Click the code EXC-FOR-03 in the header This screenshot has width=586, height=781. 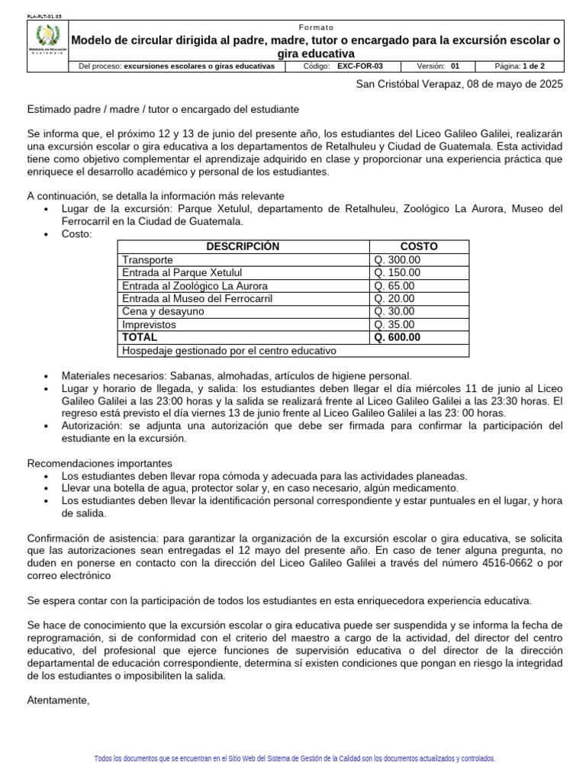(x=360, y=66)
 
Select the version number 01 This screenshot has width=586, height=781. (x=456, y=66)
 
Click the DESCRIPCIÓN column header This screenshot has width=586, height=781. (x=243, y=246)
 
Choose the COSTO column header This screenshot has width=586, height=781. (x=419, y=246)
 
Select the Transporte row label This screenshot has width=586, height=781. (x=147, y=260)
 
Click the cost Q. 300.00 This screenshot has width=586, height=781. (x=397, y=260)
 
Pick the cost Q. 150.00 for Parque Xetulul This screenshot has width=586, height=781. (x=397, y=273)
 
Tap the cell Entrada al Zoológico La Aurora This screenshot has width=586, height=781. (x=194, y=286)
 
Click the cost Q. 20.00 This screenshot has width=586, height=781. (x=394, y=299)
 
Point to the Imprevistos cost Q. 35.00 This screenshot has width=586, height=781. (x=394, y=324)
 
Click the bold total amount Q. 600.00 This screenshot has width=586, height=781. (x=398, y=337)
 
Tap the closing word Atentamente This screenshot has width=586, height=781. (x=58, y=700)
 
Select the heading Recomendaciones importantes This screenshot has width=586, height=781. (x=100, y=463)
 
